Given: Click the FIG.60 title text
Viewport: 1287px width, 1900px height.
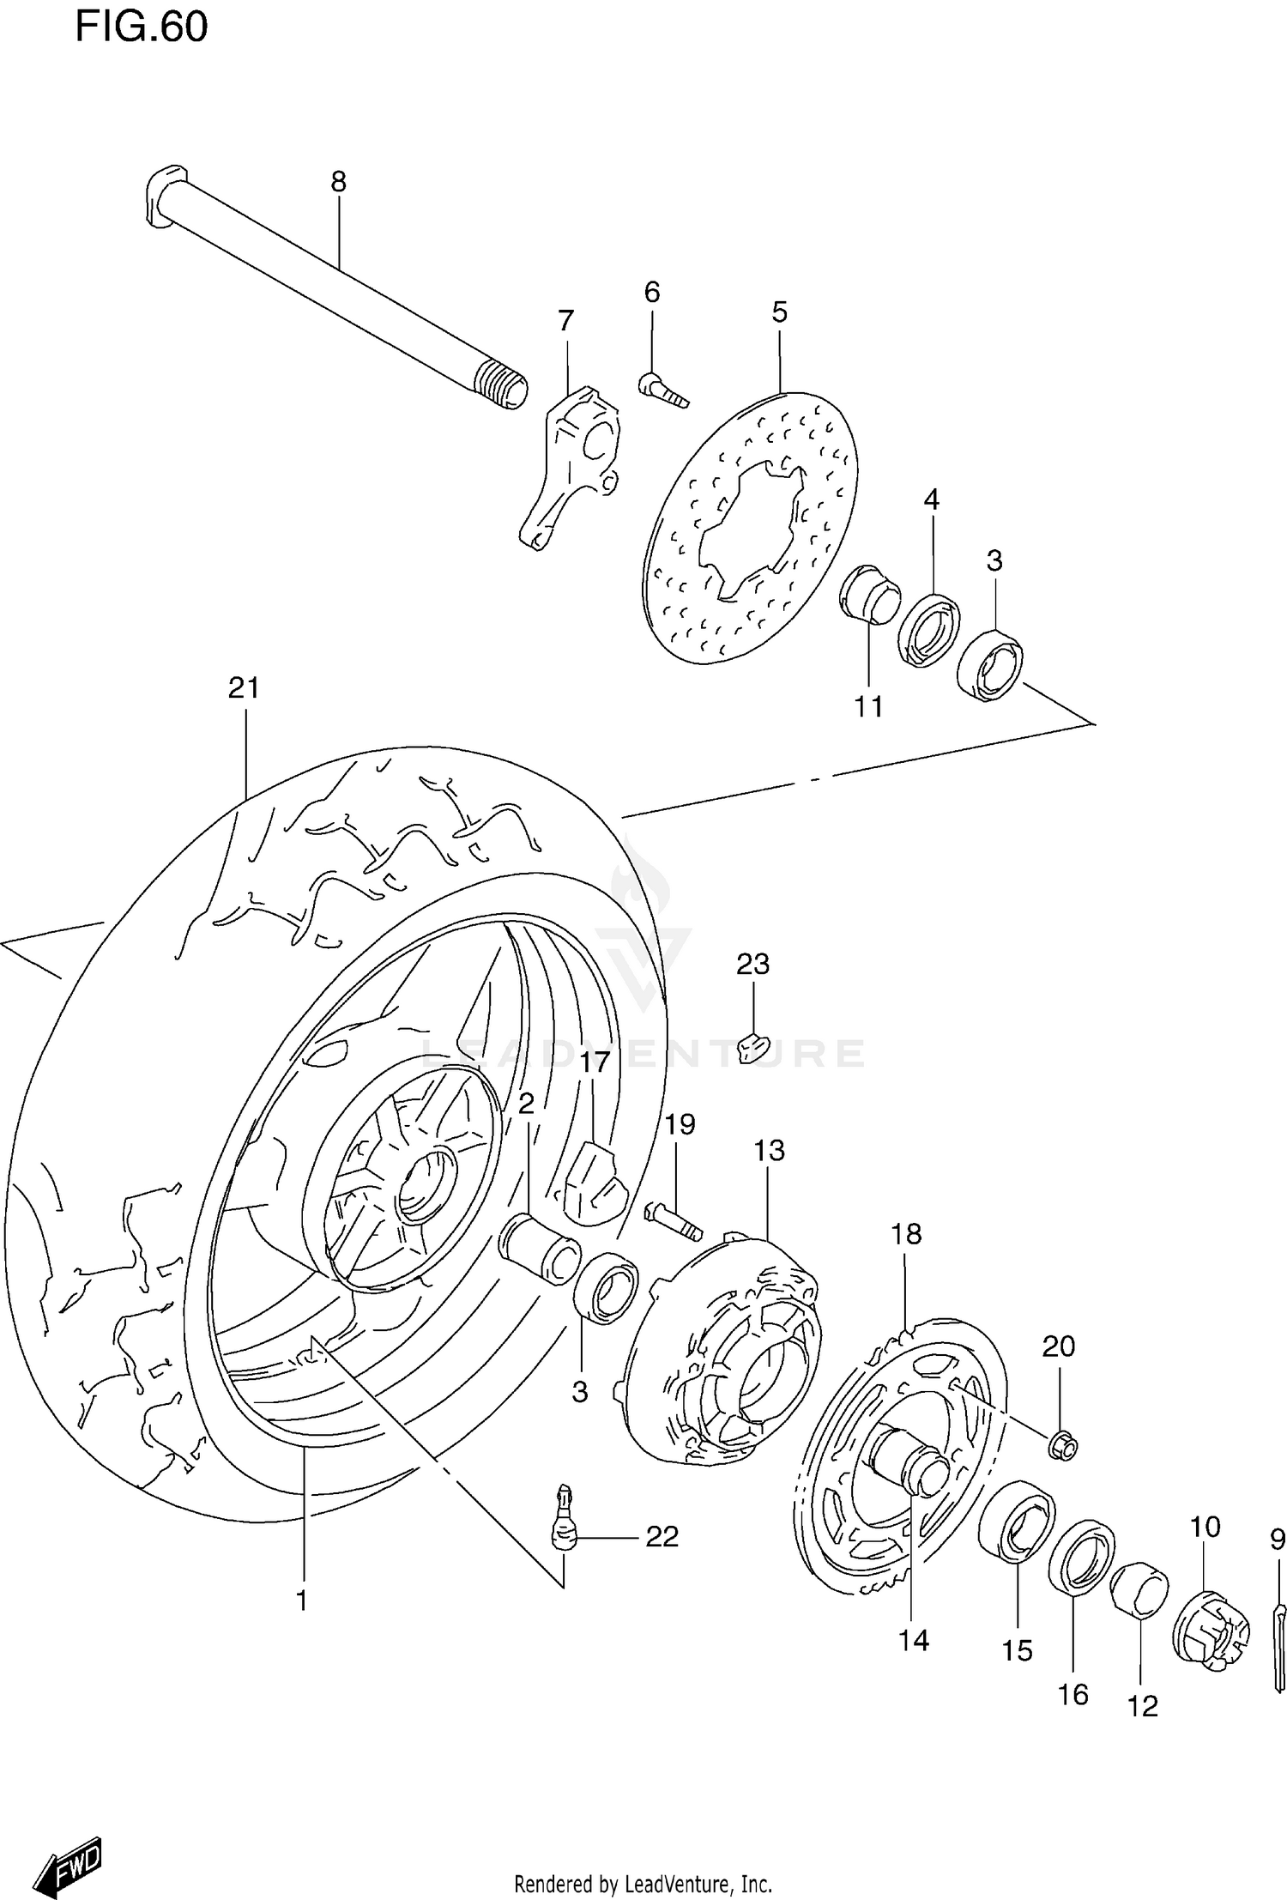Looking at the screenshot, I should pos(142,27).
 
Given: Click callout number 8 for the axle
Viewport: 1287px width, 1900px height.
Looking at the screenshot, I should pos(338,182).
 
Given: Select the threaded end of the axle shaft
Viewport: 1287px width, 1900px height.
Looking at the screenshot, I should pos(503,384).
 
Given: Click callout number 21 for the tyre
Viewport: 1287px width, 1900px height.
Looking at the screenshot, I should pos(244,688).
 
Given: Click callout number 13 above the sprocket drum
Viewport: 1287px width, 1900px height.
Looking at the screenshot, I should pos(769,1151).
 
